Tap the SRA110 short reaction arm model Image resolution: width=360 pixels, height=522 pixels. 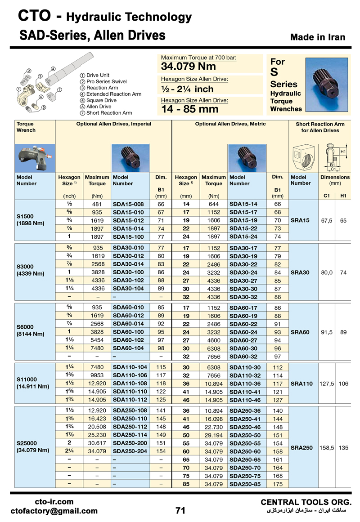click(301, 384)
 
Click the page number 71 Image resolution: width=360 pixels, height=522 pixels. click(180, 510)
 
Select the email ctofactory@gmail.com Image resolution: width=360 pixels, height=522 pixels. click(54, 511)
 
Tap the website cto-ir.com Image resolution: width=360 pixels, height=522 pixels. click(54, 502)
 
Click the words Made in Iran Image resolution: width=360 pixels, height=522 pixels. click(318, 37)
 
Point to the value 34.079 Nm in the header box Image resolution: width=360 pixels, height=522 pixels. click(189, 67)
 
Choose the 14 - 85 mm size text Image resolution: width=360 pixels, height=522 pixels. click(189, 109)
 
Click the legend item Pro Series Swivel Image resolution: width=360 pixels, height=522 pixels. click(106, 81)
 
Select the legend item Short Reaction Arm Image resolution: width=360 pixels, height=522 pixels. click(109, 113)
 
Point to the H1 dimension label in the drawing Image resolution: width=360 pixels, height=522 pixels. click(343, 152)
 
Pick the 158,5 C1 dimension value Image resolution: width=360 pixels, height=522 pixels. click(326, 448)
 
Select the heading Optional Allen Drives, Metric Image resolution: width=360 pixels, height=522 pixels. click(230, 124)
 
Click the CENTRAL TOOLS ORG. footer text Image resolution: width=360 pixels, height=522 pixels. click(306, 502)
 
